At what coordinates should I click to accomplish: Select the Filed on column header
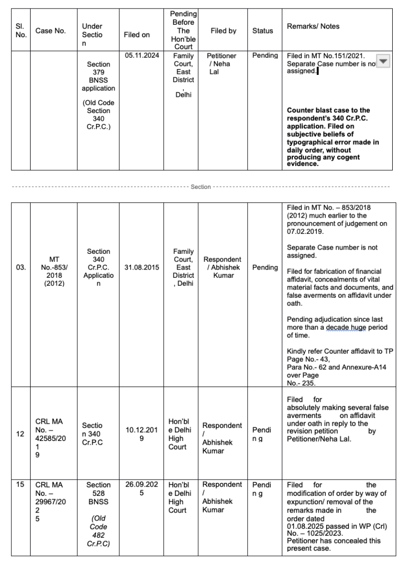pyautogui.click(x=136, y=35)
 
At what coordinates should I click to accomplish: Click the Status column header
pyautogui.click(x=263, y=31)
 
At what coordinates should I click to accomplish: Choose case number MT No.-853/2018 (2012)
pyautogui.click(x=54, y=267)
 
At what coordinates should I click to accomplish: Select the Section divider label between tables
pyautogui.click(x=201, y=187)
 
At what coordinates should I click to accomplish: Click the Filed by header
pyautogui.click(x=223, y=31)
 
